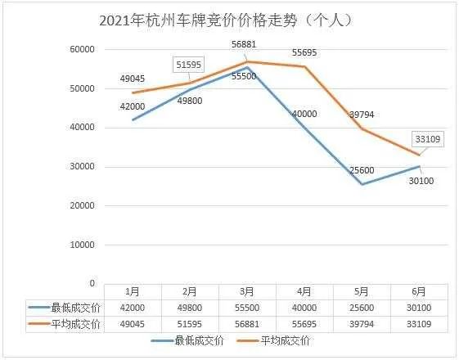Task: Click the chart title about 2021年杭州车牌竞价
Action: pyautogui.click(x=230, y=20)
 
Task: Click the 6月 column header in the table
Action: pyautogui.click(x=419, y=291)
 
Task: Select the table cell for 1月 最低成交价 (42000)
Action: pyautogui.click(x=131, y=308)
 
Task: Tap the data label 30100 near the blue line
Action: pyautogui.click(x=422, y=180)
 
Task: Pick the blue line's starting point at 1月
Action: pyautogui.click(x=131, y=120)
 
